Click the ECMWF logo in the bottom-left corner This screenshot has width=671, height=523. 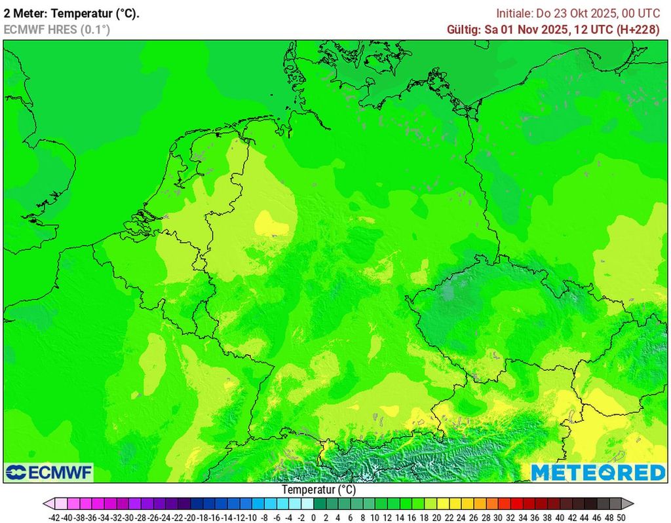(x=48, y=472)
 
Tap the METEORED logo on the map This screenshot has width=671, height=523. (x=598, y=472)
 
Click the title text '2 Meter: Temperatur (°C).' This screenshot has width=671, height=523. (x=71, y=13)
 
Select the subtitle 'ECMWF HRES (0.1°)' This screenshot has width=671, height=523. (x=57, y=29)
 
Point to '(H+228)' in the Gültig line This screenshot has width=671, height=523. (x=638, y=29)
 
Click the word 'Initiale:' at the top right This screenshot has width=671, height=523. (x=516, y=13)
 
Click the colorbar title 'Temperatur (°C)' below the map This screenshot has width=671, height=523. (x=318, y=490)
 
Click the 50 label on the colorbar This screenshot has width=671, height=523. (x=621, y=517)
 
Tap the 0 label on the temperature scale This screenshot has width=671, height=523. (x=314, y=517)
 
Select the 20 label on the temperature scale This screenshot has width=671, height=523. (x=436, y=517)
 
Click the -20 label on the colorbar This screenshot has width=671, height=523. (x=191, y=517)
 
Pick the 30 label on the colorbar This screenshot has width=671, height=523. (x=498, y=517)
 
